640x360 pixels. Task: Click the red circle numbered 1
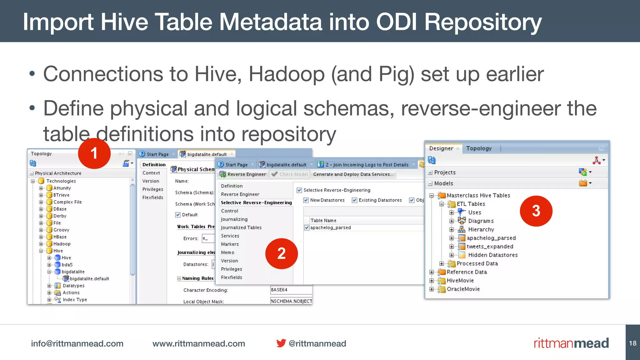pyautogui.click(x=94, y=153)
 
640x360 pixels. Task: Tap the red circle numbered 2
pyautogui.click(x=281, y=253)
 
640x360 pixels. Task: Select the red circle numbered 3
pyautogui.click(x=536, y=211)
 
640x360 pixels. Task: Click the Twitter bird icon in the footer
pyautogui.click(x=281, y=343)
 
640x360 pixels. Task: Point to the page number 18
pyautogui.click(x=633, y=343)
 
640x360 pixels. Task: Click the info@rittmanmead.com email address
pyautogui.click(x=77, y=343)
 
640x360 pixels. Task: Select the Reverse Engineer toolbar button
pyautogui.click(x=243, y=174)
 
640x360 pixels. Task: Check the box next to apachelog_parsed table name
pyautogui.click(x=307, y=228)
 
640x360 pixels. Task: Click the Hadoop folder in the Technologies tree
pyautogui.click(x=62, y=244)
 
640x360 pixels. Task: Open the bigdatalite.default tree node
pyautogui.click(x=89, y=279)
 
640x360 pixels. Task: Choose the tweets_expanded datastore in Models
pyautogui.click(x=490, y=247)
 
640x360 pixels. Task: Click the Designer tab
pyautogui.click(x=441, y=148)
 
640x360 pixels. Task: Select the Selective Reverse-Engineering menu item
pyautogui.click(x=256, y=202)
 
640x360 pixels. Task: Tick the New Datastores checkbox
pyautogui.click(x=306, y=200)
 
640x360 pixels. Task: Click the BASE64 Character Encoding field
pyautogui.click(x=291, y=290)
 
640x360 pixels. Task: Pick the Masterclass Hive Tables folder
pyautogui.click(x=478, y=195)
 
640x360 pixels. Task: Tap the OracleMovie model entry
pyautogui.click(x=463, y=289)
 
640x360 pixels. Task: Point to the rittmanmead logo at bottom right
pyautogui.click(x=571, y=343)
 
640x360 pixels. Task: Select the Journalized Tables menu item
pyautogui.click(x=241, y=227)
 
